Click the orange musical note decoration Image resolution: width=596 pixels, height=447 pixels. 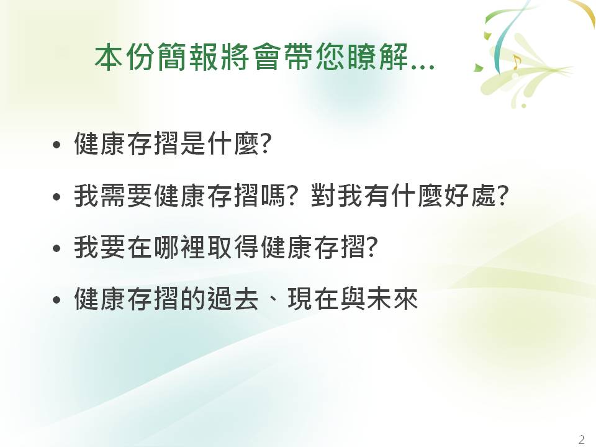click(x=516, y=62)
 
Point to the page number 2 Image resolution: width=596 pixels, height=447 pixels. click(x=581, y=440)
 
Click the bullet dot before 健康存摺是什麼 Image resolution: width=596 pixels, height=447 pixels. click(x=56, y=145)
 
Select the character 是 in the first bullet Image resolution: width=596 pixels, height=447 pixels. click(x=193, y=143)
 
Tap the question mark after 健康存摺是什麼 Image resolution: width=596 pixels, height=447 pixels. click(x=265, y=143)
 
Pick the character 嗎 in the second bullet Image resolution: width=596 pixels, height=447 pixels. click(x=273, y=196)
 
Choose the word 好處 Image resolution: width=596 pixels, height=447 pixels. click(x=470, y=196)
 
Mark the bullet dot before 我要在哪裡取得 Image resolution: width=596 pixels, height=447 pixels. click(x=56, y=248)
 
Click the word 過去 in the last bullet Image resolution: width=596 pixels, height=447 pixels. click(x=233, y=299)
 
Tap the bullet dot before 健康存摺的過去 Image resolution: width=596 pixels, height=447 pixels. click(x=56, y=300)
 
